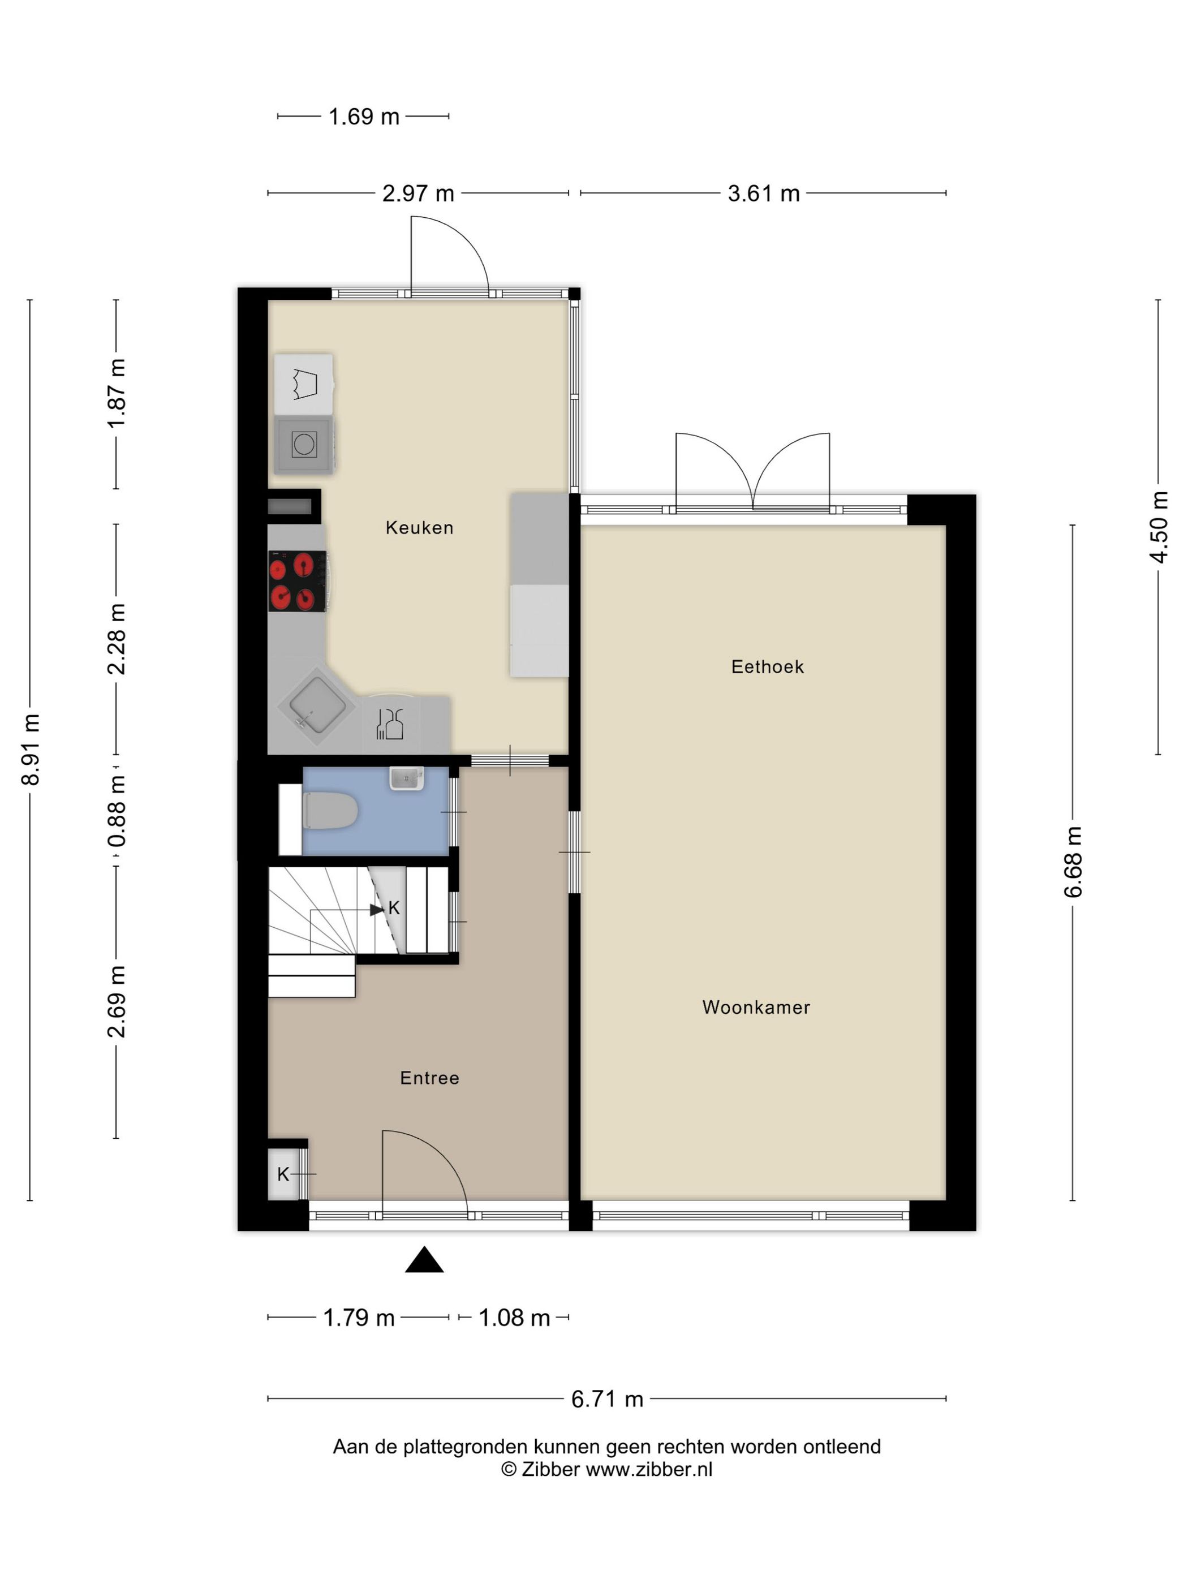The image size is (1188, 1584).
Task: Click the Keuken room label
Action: pyautogui.click(x=419, y=528)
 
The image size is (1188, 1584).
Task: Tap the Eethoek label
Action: pyautogui.click(x=768, y=666)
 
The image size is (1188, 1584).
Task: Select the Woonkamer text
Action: pyautogui.click(x=756, y=1008)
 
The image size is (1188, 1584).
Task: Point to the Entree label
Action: pyautogui.click(x=429, y=1078)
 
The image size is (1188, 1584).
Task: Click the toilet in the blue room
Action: pyautogui.click(x=330, y=811)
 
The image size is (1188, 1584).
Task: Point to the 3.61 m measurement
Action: pyautogui.click(x=763, y=193)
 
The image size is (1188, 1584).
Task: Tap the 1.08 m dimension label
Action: pyautogui.click(x=514, y=1318)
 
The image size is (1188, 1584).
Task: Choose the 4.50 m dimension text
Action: pyautogui.click(x=1159, y=527)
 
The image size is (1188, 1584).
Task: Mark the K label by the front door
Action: pyautogui.click(x=283, y=1174)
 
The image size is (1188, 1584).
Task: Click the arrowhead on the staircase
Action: pyautogui.click(x=377, y=910)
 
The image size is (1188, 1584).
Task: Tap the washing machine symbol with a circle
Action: pyautogui.click(x=304, y=445)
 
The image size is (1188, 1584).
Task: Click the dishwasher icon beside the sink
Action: pyautogui.click(x=390, y=722)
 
